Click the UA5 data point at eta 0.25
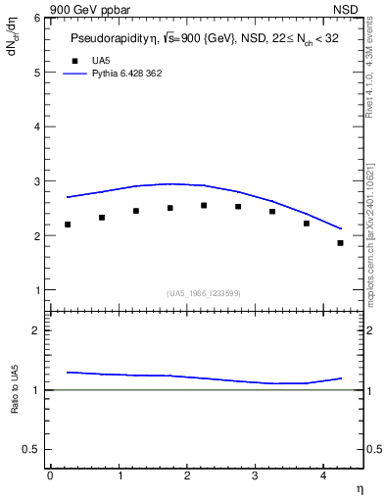(x=68, y=225)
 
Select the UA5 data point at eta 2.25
(x=204, y=205)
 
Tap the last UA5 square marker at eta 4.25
(x=340, y=243)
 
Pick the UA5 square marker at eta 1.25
(x=136, y=211)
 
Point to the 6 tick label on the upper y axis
(x=36, y=19)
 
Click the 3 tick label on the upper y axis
(x=36, y=181)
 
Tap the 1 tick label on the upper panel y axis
(x=36, y=290)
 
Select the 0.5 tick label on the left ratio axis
(x=31, y=449)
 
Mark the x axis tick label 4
(x=323, y=476)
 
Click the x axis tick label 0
(x=50, y=476)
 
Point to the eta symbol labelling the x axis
(x=360, y=487)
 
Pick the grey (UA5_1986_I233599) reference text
(x=204, y=292)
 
